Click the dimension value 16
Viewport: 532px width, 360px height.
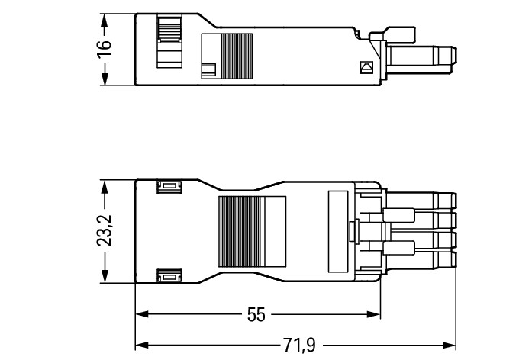coord(104,50)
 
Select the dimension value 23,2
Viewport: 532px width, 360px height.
coord(104,230)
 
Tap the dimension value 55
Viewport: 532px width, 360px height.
coord(256,315)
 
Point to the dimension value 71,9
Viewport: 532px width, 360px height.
coord(299,346)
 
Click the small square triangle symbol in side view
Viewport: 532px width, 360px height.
coord(366,67)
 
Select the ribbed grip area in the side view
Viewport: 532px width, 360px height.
coord(237,56)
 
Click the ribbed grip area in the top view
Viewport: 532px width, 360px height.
coord(240,232)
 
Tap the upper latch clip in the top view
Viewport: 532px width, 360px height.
coord(169,186)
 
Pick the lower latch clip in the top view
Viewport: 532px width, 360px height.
coord(169,276)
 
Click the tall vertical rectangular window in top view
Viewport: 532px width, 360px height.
coord(338,232)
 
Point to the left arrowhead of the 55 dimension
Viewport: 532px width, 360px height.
coord(142,314)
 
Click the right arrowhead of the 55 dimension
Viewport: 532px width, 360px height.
coord(374,314)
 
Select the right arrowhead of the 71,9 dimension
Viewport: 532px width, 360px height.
coord(450,346)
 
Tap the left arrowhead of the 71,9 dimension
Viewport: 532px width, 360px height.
coord(142,346)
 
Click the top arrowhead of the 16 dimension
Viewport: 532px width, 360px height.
coord(104,20)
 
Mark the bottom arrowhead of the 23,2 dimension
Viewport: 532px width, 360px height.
coord(104,276)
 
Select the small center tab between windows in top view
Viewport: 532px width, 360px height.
coord(354,231)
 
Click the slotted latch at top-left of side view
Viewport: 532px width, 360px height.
coord(169,40)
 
